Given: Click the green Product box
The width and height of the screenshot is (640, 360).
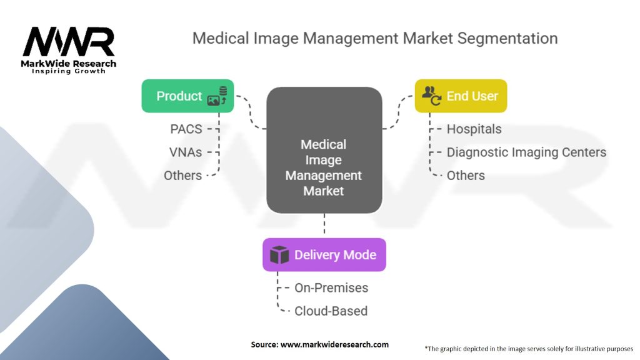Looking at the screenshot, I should pyautogui.click(x=187, y=96).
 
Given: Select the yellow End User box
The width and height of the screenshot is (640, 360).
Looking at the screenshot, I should pyautogui.click(x=461, y=96).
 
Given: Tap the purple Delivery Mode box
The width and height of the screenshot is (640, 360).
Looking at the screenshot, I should pyautogui.click(x=324, y=255).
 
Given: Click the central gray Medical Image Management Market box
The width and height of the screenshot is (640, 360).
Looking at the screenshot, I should pyautogui.click(x=324, y=150).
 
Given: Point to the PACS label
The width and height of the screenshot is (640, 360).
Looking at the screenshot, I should pyautogui.click(x=186, y=129).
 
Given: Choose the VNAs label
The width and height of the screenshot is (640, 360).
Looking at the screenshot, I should pyautogui.click(x=186, y=152).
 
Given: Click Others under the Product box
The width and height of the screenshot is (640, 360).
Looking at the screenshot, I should pyautogui.click(x=182, y=176).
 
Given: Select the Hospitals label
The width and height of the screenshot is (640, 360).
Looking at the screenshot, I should pyautogui.click(x=474, y=129).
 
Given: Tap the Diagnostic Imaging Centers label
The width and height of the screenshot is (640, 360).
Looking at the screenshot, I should pyautogui.click(x=526, y=152).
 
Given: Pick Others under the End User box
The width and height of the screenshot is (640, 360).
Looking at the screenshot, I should pyautogui.click(x=466, y=176).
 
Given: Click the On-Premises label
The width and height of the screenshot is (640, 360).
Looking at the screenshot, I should pyautogui.click(x=331, y=288).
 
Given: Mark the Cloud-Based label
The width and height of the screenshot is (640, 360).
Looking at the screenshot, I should pyautogui.click(x=331, y=311).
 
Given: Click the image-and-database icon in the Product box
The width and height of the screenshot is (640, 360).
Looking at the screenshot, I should pyautogui.click(x=217, y=96).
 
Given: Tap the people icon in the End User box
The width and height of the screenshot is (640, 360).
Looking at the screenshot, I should pyautogui.click(x=431, y=96).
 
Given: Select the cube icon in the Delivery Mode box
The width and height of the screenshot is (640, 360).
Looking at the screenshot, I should pyautogui.click(x=279, y=255).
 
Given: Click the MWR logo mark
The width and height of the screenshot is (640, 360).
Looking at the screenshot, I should pyautogui.click(x=68, y=42).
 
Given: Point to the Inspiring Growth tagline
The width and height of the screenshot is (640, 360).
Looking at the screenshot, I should pyautogui.click(x=69, y=71).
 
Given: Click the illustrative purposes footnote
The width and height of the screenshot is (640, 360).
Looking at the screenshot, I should pyautogui.click(x=529, y=348).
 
